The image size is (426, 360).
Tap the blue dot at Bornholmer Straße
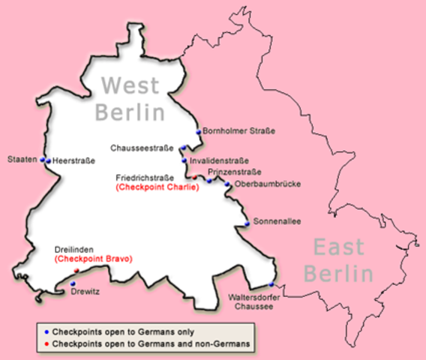pos(199,132)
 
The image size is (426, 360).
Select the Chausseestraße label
pos(147,148)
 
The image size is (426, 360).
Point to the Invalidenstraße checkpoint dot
pos(184,160)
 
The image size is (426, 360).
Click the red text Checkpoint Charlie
pos(157,187)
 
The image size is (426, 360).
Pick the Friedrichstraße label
pos(146,178)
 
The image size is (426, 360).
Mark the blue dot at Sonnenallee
pos(247,223)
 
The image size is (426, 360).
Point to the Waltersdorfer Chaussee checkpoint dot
pos(271,284)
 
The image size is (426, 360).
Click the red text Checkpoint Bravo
pos(94,259)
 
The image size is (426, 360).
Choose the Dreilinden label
pos(73,249)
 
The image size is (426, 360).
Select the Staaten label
pos(22,159)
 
